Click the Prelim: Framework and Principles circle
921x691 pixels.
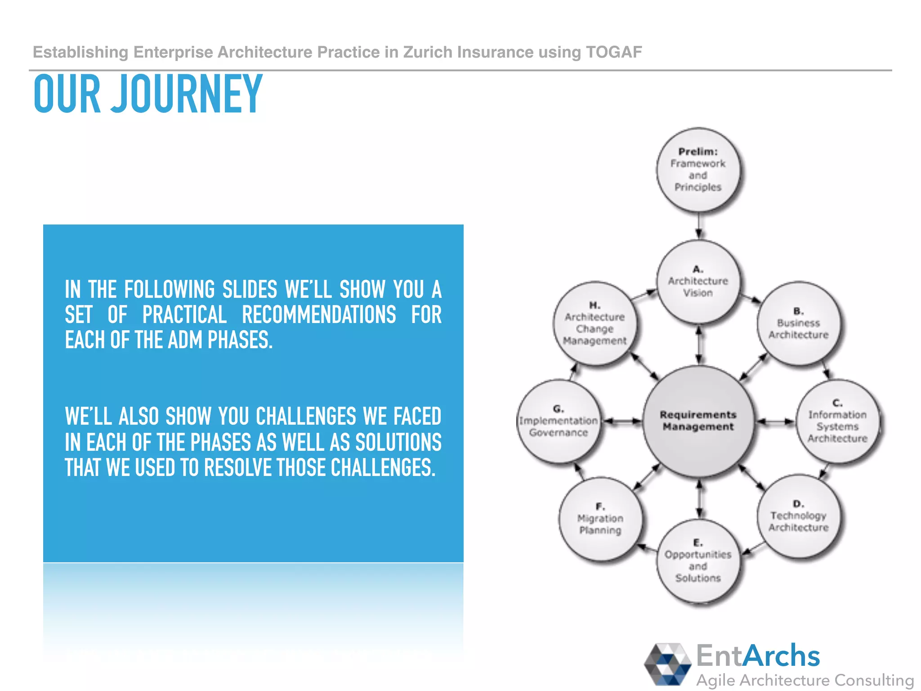698,170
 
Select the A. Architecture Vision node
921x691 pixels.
698,281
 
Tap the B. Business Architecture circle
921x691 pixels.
798,323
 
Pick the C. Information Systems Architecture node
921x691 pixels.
837,421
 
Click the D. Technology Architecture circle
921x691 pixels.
798,516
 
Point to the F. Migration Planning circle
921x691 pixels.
600,519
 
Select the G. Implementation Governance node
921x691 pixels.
559,421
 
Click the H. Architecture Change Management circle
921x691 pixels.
595,323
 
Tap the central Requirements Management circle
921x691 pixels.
698,421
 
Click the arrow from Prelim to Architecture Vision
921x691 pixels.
698,226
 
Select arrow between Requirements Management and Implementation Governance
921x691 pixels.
622,422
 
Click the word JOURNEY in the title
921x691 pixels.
187,94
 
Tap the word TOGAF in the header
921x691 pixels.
614,52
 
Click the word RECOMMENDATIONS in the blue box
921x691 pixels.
319,314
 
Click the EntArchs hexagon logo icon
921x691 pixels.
667,664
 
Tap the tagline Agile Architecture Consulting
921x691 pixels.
805,680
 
